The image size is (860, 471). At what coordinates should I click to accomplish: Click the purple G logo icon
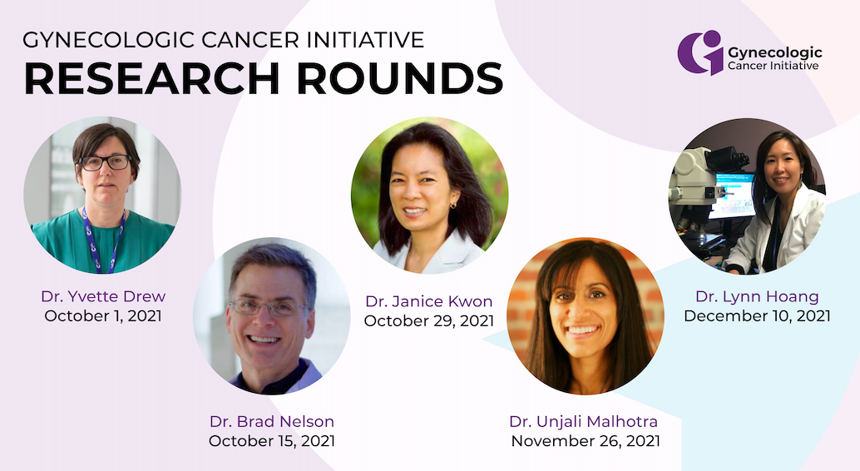[x=699, y=52]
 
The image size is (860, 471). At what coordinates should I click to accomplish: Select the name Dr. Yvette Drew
[x=103, y=296]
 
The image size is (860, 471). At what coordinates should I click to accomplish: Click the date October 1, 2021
[x=103, y=316]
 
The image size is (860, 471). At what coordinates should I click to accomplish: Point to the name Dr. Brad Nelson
[x=271, y=422]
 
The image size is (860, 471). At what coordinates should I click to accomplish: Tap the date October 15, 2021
[x=271, y=441]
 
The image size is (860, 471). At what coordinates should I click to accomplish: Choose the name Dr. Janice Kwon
[x=429, y=301]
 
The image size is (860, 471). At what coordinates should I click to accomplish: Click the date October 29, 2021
[x=429, y=321]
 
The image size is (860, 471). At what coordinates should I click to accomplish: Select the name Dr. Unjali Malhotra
[x=584, y=422]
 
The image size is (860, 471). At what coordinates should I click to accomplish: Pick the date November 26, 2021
[x=586, y=441]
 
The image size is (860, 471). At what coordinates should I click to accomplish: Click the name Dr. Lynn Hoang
[x=757, y=296]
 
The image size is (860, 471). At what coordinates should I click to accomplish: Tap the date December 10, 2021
[x=757, y=316]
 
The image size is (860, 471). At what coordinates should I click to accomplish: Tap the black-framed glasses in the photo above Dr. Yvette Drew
[x=105, y=162]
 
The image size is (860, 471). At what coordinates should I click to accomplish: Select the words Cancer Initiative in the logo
[x=773, y=66]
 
